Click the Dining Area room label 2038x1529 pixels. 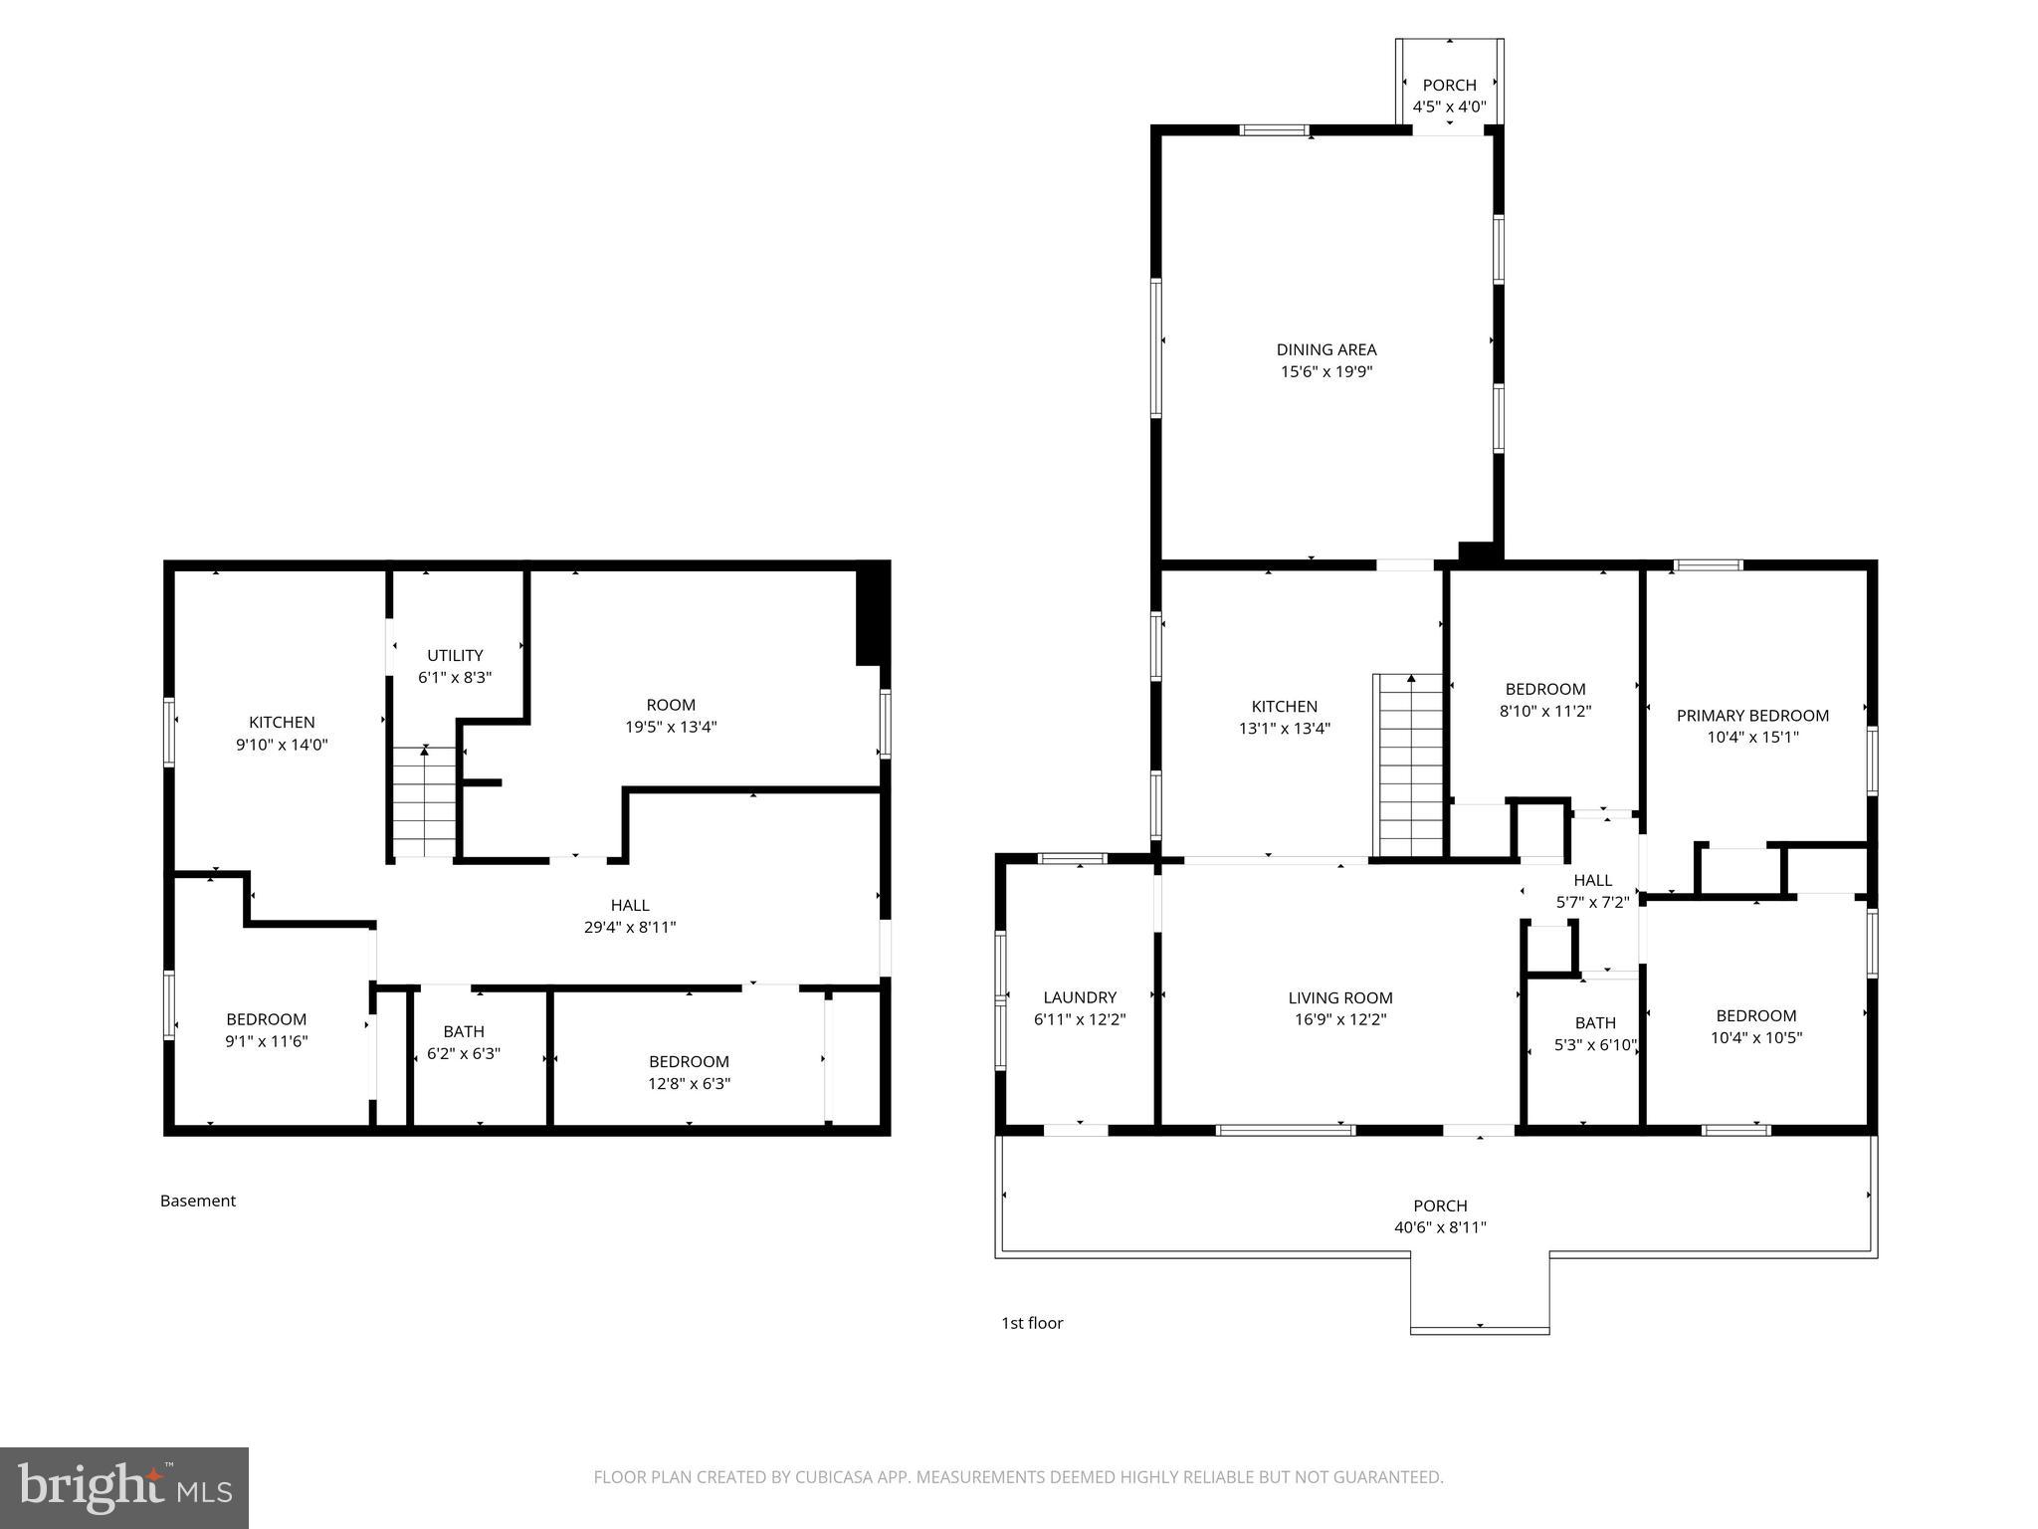click(x=1325, y=349)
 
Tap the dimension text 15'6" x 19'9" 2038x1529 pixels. click(x=1325, y=372)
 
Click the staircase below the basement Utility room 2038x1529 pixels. click(x=425, y=801)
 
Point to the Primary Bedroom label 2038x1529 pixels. click(x=1751, y=716)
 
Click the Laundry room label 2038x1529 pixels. click(x=1080, y=997)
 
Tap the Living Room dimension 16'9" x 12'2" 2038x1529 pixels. click(x=1339, y=1019)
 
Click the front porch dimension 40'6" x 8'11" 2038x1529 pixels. click(x=1439, y=1227)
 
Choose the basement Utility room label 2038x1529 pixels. click(x=455, y=655)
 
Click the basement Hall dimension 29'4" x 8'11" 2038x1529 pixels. click(x=629, y=927)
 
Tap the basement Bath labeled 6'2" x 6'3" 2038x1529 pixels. click(x=464, y=1042)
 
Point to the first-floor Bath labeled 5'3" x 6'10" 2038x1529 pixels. click(x=1594, y=1033)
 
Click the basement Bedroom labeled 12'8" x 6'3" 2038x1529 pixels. click(x=689, y=1072)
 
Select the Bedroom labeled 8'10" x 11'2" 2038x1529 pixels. click(x=1544, y=700)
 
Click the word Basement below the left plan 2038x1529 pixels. click(x=198, y=1201)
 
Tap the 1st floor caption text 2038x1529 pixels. click(x=1032, y=1323)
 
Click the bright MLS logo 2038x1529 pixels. click(x=124, y=1487)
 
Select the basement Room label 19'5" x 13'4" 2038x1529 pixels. click(x=671, y=716)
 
